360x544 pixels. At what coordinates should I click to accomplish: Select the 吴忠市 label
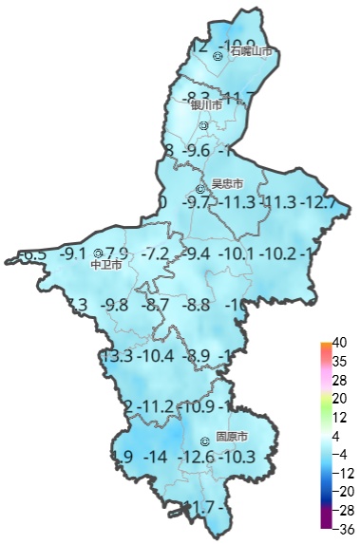click(x=227, y=183)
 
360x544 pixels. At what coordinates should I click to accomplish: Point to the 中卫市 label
click(x=105, y=266)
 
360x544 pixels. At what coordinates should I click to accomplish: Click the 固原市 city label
click(x=232, y=438)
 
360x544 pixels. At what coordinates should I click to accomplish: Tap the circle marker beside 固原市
click(x=205, y=441)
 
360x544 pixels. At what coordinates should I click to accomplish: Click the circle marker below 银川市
click(x=204, y=124)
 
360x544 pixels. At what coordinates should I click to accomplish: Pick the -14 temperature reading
click(x=154, y=458)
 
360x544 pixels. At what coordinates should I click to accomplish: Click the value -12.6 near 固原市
click(x=198, y=458)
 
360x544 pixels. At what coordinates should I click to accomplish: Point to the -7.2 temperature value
click(x=155, y=254)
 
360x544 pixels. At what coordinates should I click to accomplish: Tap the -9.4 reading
click(x=196, y=254)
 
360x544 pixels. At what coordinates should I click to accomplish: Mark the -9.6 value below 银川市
click(x=196, y=151)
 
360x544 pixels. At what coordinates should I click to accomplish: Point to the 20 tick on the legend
click(x=339, y=398)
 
